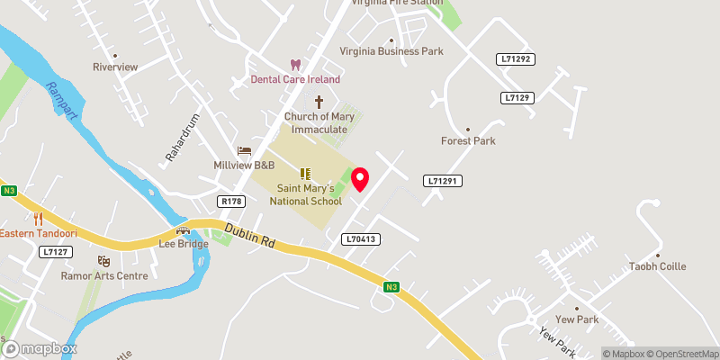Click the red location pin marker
click(361, 178)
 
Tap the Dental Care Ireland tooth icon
click(294, 65)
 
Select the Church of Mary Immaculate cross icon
click(318, 102)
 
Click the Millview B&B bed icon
click(243, 151)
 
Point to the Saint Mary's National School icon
click(304, 173)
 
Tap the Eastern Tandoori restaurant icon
click(38, 219)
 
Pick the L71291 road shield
click(443, 182)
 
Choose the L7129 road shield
click(519, 97)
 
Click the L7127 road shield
click(56, 252)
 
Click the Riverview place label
click(115, 67)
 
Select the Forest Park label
click(468, 140)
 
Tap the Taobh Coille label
click(657, 266)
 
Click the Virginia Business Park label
click(391, 51)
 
